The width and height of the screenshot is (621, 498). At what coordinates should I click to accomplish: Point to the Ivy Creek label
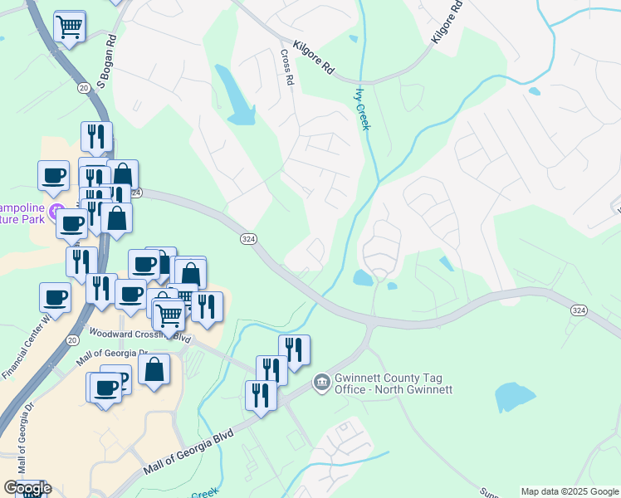click(x=362, y=109)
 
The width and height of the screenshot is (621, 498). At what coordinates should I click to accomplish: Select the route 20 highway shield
click(x=83, y=86)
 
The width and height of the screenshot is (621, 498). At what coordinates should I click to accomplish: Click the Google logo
click(x=27, y=488)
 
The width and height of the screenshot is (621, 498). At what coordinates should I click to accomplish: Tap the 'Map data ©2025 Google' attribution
click(x=569, y=491)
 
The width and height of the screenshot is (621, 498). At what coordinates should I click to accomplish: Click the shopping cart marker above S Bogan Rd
click(x=70, y=27)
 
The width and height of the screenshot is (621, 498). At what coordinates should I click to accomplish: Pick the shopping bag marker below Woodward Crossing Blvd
click(x=154, y=370)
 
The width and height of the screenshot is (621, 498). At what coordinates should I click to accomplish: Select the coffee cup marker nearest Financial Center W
click(x=56, y=297)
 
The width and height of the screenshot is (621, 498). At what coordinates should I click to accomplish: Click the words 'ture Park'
click(x=22, y=222)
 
